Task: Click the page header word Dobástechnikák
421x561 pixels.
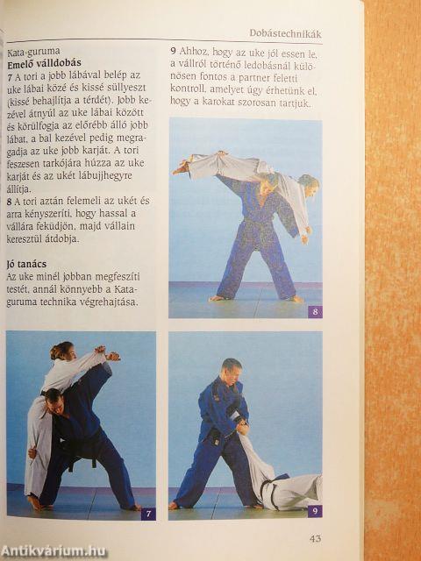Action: tap(289, 34)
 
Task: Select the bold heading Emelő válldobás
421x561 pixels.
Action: tap(43, 65)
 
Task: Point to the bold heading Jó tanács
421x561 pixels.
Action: tap(25, 262)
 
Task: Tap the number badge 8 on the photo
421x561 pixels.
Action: tap(315, 310)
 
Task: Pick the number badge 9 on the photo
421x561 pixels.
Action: tap(315, 510)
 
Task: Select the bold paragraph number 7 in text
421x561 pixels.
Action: tap(10, 77)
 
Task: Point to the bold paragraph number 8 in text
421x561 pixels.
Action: tap(10, 201)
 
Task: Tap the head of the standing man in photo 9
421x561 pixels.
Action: tap(232, 369)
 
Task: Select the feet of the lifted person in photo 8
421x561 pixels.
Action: tap(181, 166)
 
